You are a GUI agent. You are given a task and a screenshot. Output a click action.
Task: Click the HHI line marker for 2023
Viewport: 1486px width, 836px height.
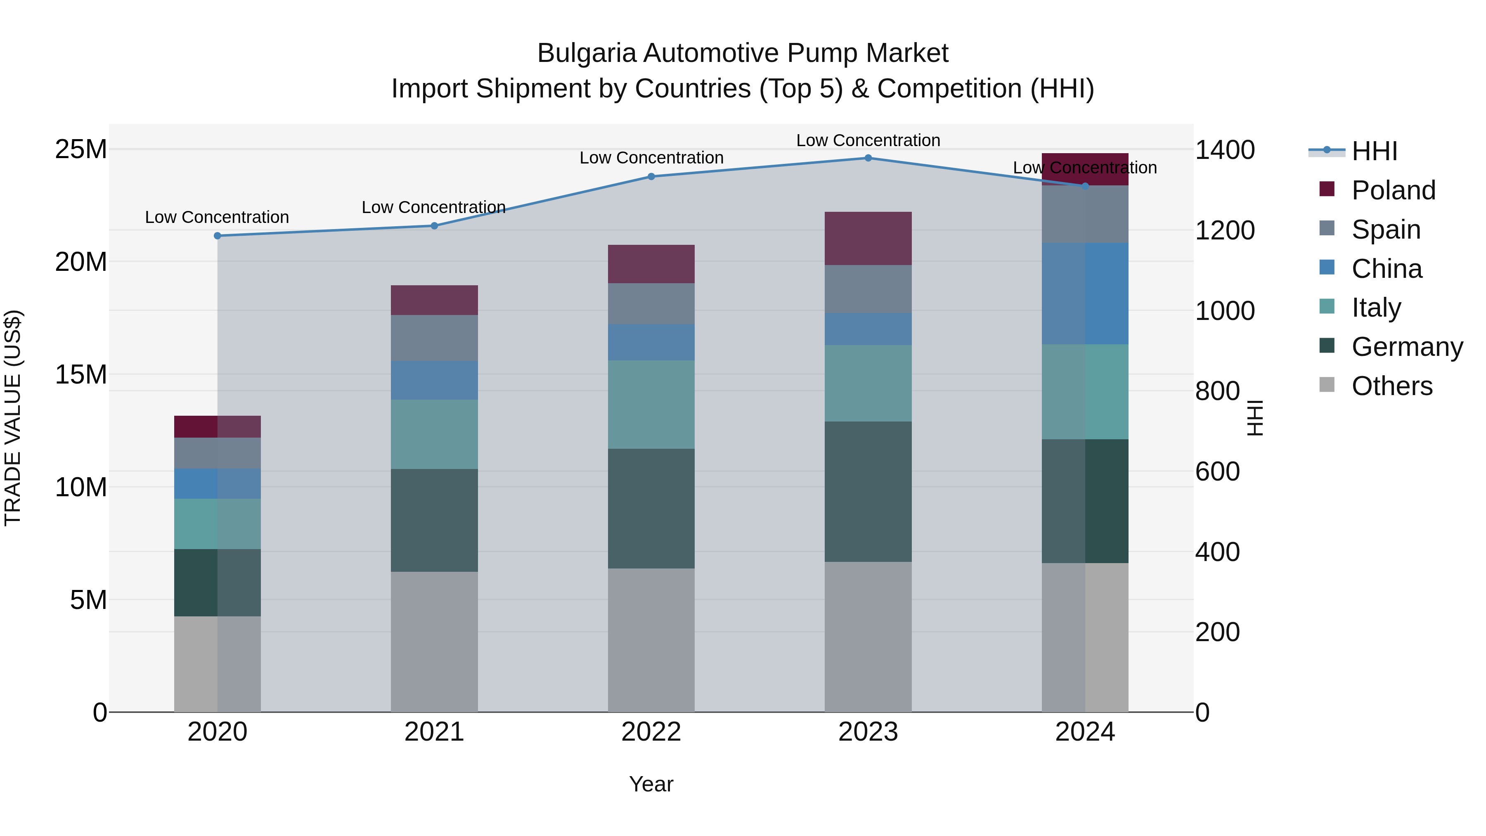(868, 158)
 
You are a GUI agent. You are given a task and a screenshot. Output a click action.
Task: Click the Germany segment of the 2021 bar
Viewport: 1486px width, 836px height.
(434, 521)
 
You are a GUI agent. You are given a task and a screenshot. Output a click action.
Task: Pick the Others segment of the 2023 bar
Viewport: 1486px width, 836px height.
(868, 637)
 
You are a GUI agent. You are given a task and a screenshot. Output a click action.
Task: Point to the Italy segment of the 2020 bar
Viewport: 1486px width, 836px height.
(218, 524)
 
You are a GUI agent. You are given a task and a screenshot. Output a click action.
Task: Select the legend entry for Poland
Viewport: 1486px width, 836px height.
(1393, 190)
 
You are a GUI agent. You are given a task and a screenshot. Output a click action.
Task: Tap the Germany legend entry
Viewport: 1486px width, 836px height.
(1406, 347)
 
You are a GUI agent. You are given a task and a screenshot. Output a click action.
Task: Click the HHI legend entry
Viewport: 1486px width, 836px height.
(1374, 151)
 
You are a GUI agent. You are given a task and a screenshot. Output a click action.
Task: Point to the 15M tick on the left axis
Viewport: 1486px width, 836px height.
(81, 375)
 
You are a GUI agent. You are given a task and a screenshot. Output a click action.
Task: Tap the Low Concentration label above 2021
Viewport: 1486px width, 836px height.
(434, 207)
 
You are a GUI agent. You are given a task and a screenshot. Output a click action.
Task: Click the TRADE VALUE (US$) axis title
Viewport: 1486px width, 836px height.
(13, 418)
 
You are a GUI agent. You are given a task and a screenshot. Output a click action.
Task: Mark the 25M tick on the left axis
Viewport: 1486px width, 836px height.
(81, 149)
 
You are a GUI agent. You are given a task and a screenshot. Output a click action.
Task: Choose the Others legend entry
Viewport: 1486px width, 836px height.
(1391, 386)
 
